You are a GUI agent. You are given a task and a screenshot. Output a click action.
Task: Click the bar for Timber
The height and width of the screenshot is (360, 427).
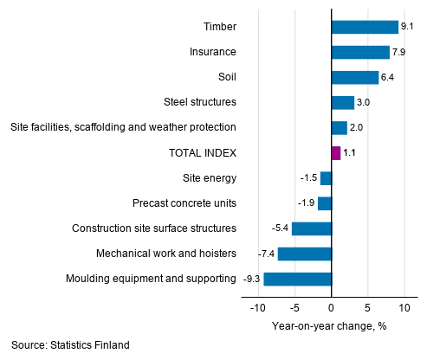(365, 27)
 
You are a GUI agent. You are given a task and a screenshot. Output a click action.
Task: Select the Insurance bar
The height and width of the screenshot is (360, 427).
(360, 52)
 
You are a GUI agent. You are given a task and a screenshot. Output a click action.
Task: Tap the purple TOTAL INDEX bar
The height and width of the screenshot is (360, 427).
(336, 153)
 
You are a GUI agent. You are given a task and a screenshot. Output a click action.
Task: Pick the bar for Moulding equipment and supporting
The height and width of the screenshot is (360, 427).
(298, 279)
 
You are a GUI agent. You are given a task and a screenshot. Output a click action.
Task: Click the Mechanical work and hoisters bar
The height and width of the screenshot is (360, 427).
(305, 254)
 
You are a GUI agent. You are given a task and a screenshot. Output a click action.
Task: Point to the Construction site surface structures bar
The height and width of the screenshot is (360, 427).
(312, 228)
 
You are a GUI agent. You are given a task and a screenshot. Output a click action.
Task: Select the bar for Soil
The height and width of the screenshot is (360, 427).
(355, 77)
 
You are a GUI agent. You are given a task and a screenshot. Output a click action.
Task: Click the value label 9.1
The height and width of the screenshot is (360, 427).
(408, 27)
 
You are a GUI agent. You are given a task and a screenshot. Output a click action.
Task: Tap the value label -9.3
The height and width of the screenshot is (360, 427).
(251, 279)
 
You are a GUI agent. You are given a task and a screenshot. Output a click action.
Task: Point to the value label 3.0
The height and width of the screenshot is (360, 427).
(363, 102)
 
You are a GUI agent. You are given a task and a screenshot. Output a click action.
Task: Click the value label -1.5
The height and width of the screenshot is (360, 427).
(308, 178)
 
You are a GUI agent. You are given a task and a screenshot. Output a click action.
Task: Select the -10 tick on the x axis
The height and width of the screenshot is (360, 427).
(257, 308)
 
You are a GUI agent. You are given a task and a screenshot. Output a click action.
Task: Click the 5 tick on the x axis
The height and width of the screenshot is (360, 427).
(368, 308)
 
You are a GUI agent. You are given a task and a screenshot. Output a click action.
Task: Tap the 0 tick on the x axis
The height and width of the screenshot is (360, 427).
(332, 308)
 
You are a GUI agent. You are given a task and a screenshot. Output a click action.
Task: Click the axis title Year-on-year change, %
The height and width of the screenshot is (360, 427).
(328, 325)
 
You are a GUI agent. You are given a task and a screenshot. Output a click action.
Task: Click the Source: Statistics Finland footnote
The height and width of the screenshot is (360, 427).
(71, 345)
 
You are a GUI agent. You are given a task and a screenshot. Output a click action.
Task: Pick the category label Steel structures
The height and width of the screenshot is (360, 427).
(199, 102)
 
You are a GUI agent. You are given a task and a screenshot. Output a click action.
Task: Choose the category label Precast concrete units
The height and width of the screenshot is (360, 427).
(184, 203)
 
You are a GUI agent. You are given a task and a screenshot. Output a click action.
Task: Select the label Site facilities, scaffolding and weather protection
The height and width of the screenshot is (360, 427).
(123, 127)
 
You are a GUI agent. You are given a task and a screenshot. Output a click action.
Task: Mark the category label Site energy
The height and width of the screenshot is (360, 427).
(210, 178)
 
